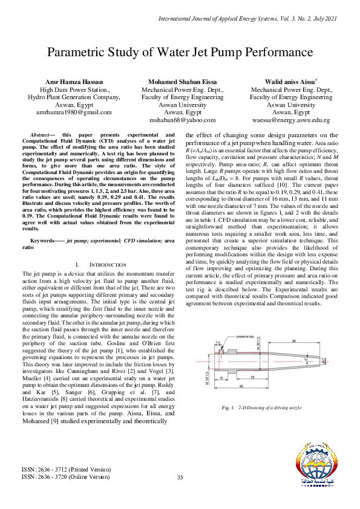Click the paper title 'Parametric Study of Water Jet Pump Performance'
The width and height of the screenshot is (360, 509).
[180, 53]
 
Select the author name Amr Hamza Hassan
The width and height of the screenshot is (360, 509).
[74, 81]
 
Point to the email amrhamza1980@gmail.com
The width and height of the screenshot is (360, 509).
[74, 112]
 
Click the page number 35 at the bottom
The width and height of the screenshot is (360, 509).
[180, 478]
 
